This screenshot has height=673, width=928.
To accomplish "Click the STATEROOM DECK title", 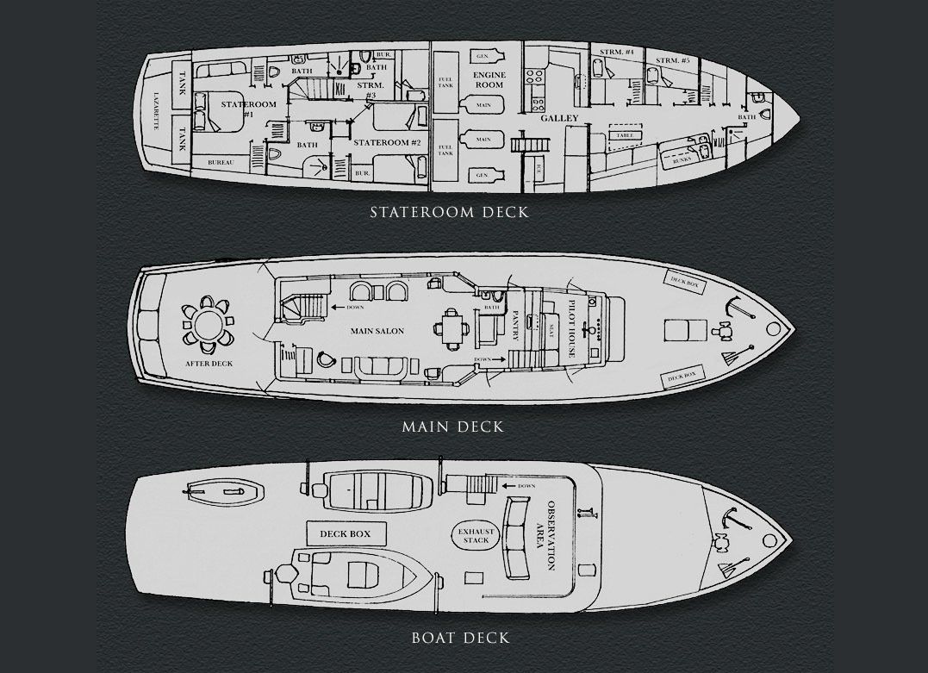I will [449, 212].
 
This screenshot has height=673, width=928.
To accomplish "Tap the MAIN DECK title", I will [452, 427].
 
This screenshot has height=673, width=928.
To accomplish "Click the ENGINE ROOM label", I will [489, 80].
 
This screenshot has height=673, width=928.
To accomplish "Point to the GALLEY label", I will [560, 118].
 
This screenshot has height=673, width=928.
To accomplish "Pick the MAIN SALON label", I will [377, 331].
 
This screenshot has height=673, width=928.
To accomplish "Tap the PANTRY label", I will [516, 326].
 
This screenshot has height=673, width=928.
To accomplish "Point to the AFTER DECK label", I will [209, 364].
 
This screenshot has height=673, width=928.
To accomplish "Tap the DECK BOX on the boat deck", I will [345, 534].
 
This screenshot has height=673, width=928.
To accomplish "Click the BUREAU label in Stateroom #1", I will [222, 161].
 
